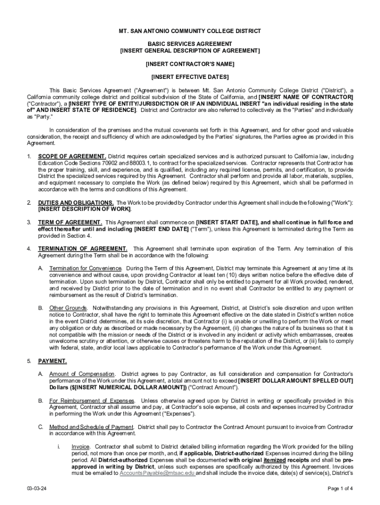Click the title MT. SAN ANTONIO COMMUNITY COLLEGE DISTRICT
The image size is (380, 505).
point(190,31)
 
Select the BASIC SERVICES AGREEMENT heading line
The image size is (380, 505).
point(190,44)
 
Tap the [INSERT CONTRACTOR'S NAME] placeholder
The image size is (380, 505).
point(190,64)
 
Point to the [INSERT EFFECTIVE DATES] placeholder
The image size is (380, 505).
point(190,77)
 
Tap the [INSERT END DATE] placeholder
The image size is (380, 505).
point(161,229)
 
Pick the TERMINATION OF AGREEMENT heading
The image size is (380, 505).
point(83,249)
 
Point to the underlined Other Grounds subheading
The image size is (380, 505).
point(68,308)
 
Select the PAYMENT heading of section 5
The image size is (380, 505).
point(52,361)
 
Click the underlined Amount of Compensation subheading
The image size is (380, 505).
point(82,374)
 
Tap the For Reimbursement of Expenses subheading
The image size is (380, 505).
point(92,400)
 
